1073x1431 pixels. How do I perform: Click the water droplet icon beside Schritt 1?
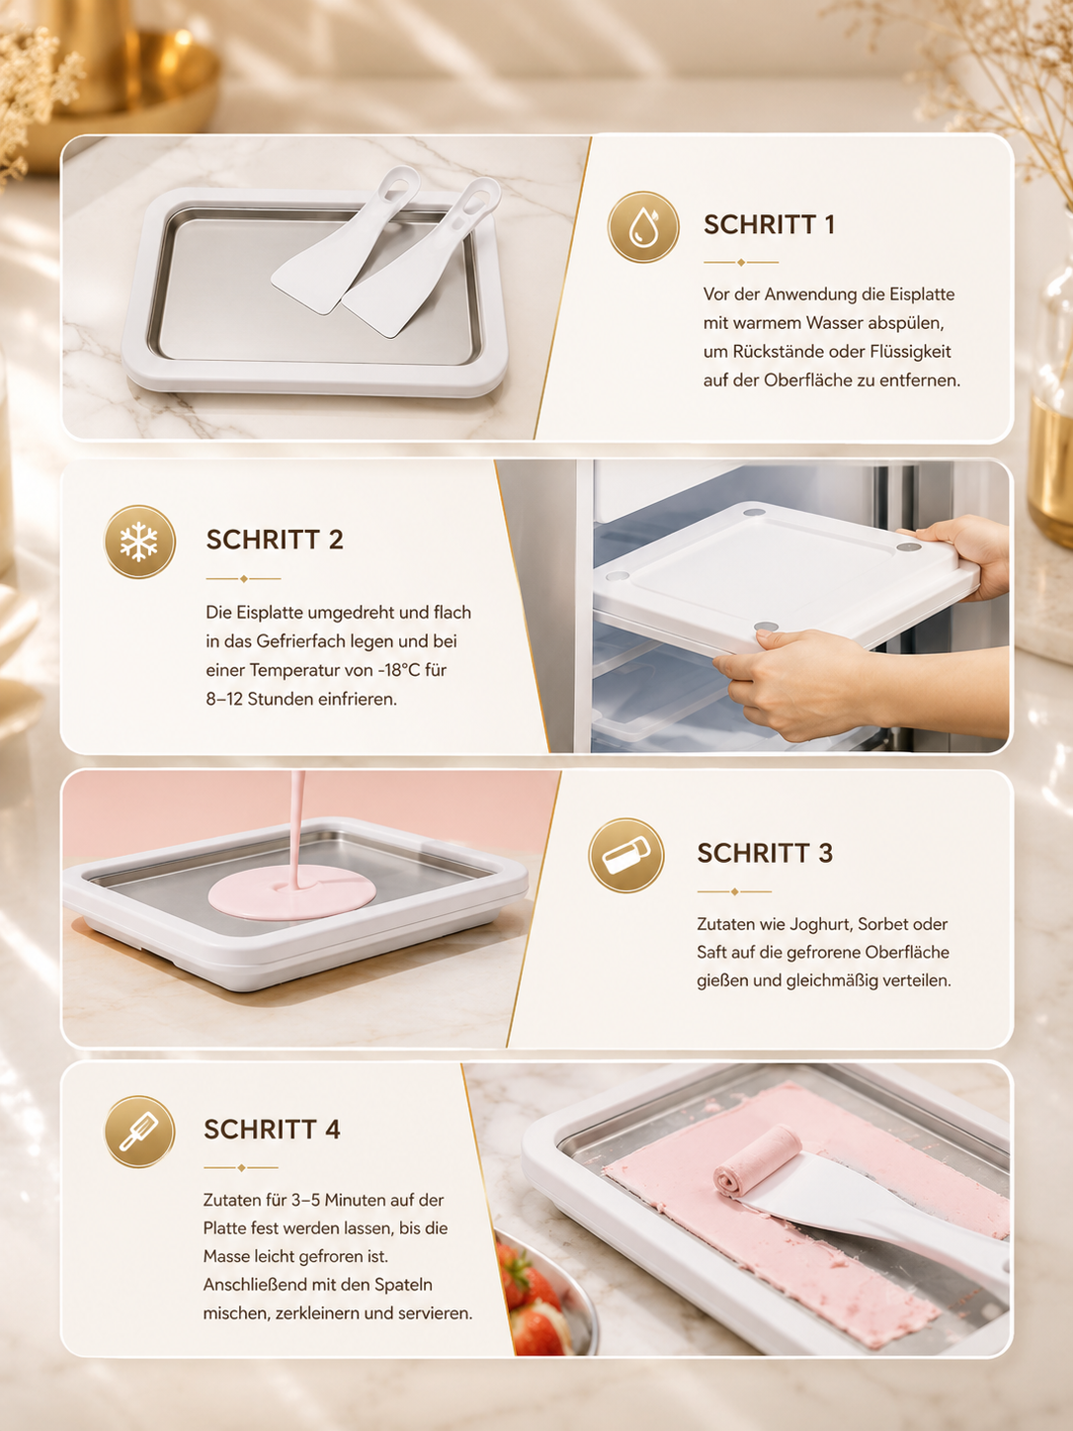[x=643, y=227]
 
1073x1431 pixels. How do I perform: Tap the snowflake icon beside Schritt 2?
[x=139, y=542]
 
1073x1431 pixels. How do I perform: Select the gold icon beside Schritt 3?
[x=626, y=856]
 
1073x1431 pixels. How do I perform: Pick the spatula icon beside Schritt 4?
[x=139, y=1132]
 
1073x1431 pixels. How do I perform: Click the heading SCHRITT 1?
[x=769, y=225]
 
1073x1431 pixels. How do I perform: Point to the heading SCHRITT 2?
[x=275, y=540]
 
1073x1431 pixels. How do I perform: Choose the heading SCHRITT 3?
[x=765, y=854]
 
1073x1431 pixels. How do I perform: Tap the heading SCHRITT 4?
[x=272, y=1130]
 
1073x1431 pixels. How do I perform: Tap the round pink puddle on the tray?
[x=291, y=891]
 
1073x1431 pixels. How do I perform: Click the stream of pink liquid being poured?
[x=297, y=828]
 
